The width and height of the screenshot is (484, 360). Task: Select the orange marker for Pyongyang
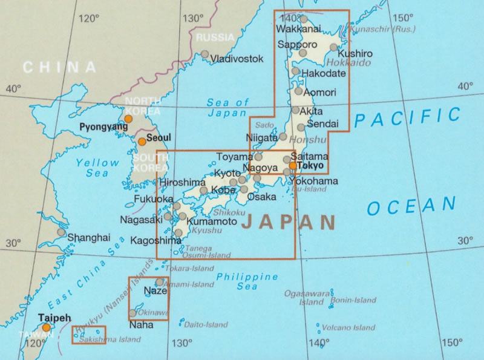[128, 119]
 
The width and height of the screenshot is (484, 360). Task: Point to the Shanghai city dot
[61, 232]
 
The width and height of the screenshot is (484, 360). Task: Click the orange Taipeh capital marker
[46, 327]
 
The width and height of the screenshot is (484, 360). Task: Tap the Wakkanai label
[299, 29]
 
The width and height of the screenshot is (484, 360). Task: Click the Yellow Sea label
[98, 167]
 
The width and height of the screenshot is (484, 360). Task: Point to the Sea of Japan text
[227, 107]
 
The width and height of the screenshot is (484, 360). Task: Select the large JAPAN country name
[289, 223]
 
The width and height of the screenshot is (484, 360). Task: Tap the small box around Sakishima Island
[89, 335]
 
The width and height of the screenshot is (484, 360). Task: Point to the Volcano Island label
[348, 328]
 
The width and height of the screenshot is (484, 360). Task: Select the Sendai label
[319, 123]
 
